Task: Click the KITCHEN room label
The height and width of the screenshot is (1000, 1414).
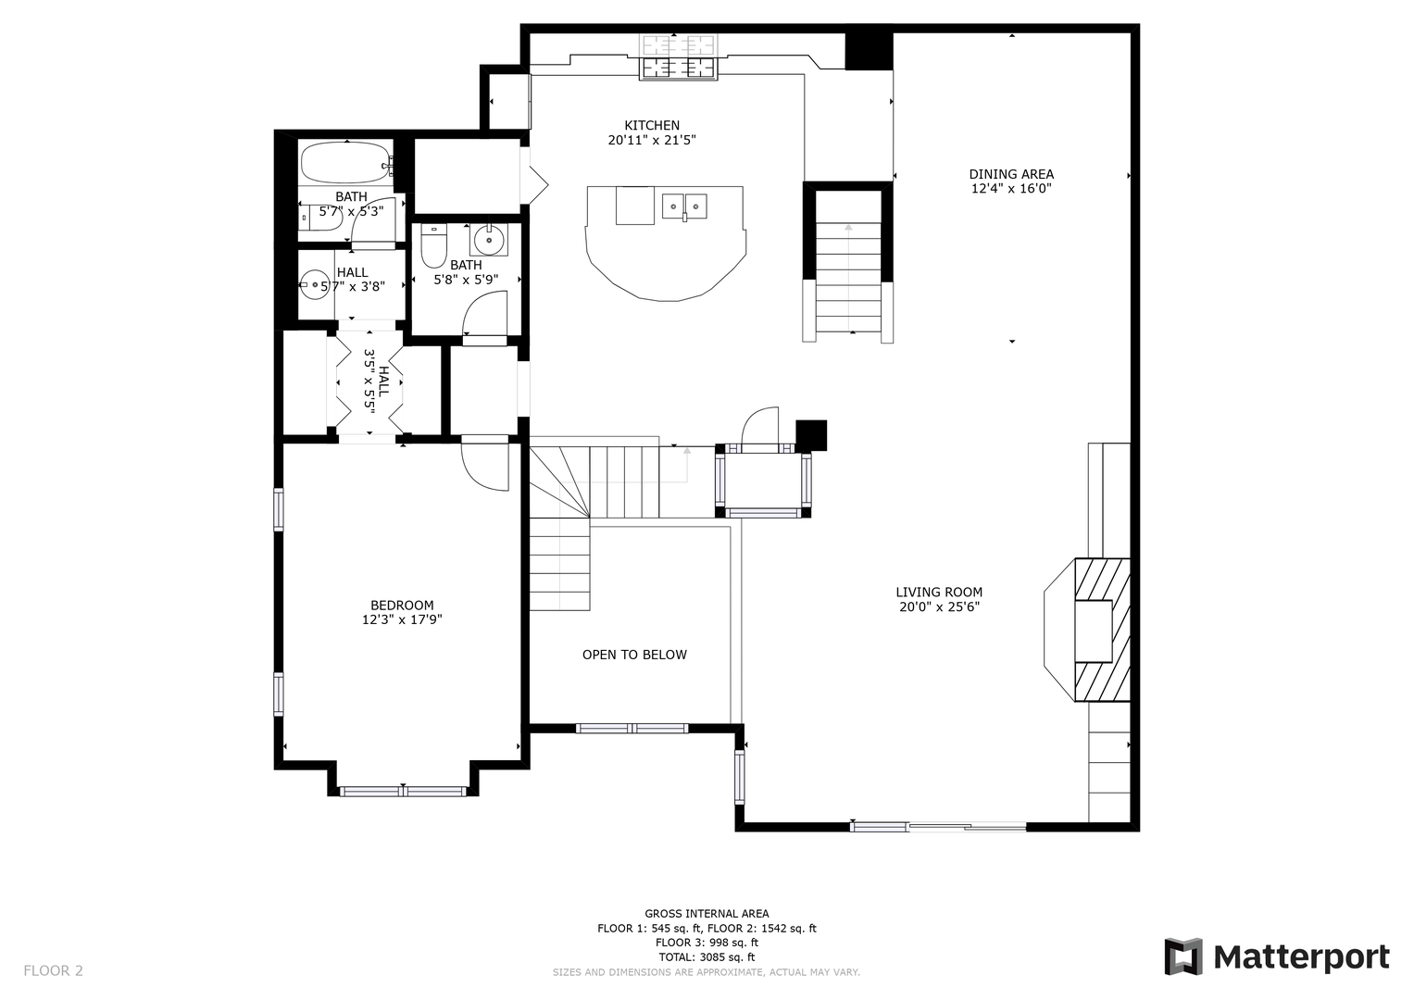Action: [x=652, y=125]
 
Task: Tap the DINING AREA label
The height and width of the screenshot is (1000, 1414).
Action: [x=1011, y=174]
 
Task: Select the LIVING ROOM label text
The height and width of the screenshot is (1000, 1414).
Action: [x=939, y=593]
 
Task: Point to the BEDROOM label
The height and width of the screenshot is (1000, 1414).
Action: [x=402, y=606]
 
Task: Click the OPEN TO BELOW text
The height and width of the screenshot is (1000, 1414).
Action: [x=634, y=655]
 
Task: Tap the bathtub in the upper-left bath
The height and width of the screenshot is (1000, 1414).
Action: [x=345, y=163]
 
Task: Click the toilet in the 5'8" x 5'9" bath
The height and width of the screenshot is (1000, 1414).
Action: [x=433, y=245]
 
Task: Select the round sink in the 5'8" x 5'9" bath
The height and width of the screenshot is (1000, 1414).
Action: [x=489, y=240]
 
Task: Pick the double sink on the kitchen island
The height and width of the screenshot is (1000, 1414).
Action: [x=684, y=206]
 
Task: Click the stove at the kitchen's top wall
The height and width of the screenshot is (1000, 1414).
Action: [x=679, y=56]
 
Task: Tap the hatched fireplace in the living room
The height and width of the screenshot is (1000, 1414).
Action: [x=1102, y=630]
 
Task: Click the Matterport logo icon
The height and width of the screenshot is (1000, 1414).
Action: [x=1183, y=956]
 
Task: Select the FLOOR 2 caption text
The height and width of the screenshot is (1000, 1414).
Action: [x=54, y=970]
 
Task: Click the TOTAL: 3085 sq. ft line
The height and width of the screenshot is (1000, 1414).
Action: [x=707, y=957]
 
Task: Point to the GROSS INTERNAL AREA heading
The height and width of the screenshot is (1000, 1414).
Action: [x=707, y=914]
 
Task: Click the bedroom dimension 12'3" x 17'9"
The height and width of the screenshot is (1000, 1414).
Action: [x=402, y=620]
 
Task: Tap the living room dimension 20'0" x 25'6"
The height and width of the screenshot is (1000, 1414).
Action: [x=939, y=607]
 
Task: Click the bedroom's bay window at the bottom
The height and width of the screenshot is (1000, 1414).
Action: [x=403, y=791]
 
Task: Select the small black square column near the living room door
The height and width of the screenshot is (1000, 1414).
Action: [x=811, y=435]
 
